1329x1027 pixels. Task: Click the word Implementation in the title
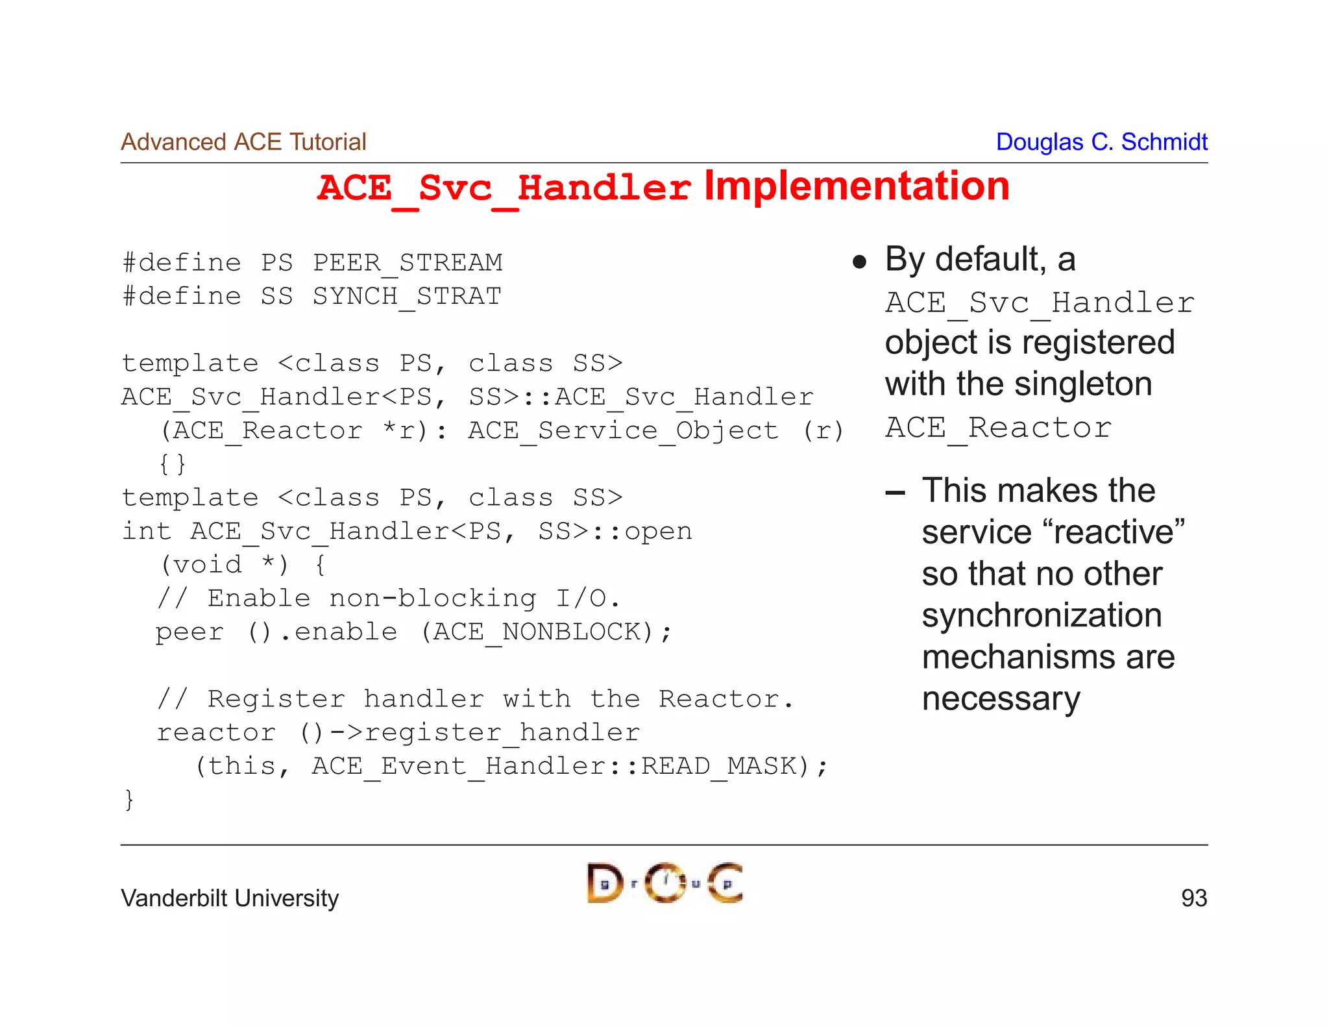857,187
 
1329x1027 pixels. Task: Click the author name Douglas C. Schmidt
1101,142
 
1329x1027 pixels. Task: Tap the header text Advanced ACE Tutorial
243,142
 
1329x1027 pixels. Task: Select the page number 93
1193,898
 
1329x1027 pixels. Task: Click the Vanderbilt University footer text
230,898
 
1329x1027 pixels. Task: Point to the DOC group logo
664,883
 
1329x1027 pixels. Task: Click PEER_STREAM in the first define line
408,263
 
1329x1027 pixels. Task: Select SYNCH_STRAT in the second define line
407,297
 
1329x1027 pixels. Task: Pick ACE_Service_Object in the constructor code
623,430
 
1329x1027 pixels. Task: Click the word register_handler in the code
502,733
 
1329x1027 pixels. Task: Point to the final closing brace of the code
129,799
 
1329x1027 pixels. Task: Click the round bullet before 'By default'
860,262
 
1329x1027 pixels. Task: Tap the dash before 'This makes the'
895,493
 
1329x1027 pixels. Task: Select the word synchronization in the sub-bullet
1042,615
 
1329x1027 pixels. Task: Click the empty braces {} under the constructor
173,464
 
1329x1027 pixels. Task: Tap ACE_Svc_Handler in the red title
504,188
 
